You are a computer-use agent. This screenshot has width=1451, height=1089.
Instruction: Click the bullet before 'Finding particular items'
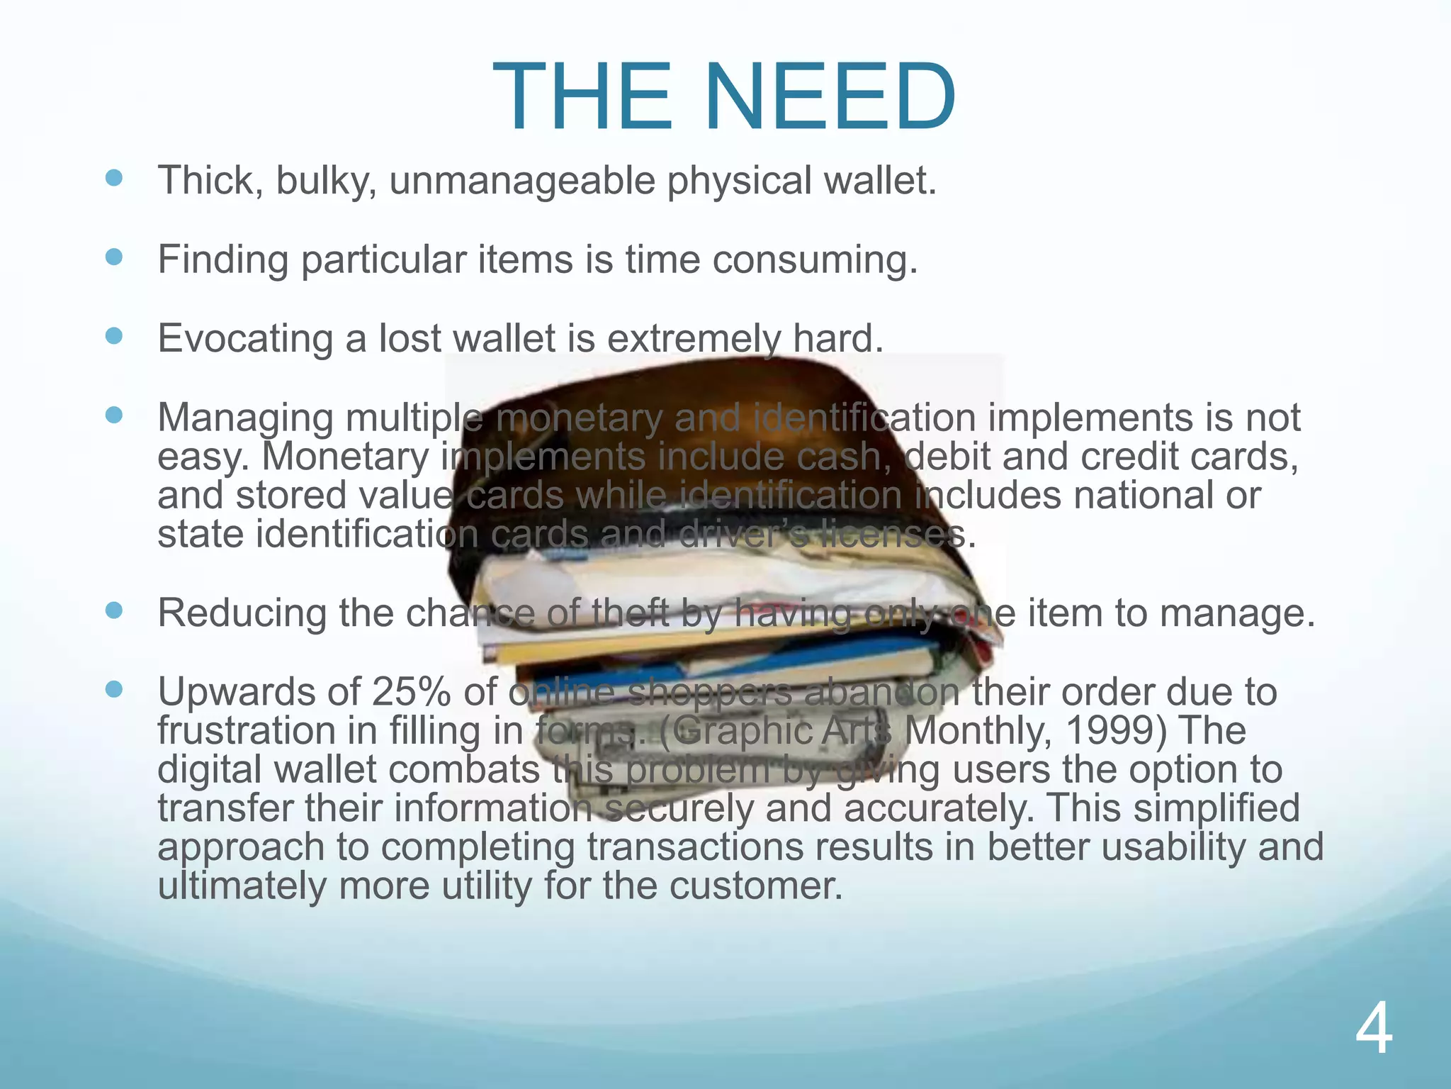pyautogui.click(x=113, y=257)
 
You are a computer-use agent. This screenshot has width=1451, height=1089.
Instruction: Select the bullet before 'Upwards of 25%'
pyautogui.click(x=113, y=689)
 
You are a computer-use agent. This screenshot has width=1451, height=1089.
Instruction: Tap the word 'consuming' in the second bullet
pyautogui.click(x=814, y=261)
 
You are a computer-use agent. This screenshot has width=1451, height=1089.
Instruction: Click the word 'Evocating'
pyautogui.click(x=244, y=339)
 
